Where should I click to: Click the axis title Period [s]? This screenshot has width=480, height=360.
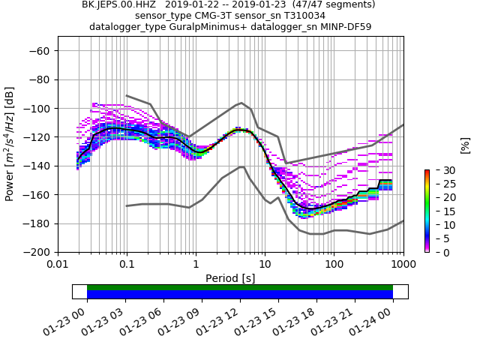pos(230,277)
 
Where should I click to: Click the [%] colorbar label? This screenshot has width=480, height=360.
pos(465,145)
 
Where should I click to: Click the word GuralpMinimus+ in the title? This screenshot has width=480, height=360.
pos(197,27)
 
